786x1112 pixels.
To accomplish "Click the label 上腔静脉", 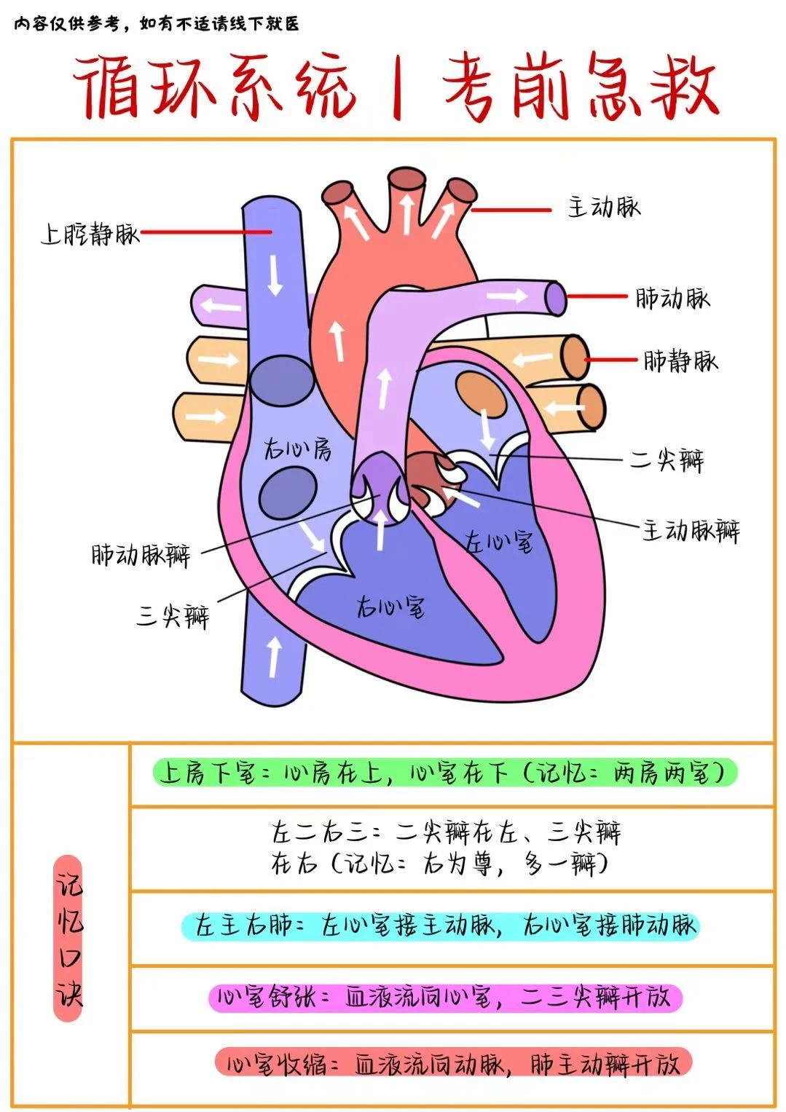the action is click(90, 234).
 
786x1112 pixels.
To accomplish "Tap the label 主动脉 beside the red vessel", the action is click(604, 208).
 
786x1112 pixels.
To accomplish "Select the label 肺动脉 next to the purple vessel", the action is click(672, 298).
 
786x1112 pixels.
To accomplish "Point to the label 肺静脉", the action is click(680, 360).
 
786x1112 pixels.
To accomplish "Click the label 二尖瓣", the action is click(667, 460).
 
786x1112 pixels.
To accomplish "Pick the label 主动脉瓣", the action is click(691, 530).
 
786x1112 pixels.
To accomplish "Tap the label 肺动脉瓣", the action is click(141, 556).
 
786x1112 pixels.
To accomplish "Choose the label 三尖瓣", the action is click(173, 616).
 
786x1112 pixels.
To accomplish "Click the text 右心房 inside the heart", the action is click(297, 449).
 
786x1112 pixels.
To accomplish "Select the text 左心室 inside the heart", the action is click(499, 541).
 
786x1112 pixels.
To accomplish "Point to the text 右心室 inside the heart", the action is click(391, 606).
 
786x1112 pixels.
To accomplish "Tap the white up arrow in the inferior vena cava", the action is click(273, 655).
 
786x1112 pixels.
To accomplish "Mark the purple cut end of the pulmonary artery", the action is click(557, 299).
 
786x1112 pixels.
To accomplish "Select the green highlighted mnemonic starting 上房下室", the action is click(444, 773).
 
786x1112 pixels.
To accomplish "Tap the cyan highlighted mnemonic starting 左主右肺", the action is click(440, 926).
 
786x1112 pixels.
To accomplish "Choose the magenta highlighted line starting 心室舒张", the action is click(444, 997).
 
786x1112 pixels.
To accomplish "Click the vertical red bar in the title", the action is click(398, 89).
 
